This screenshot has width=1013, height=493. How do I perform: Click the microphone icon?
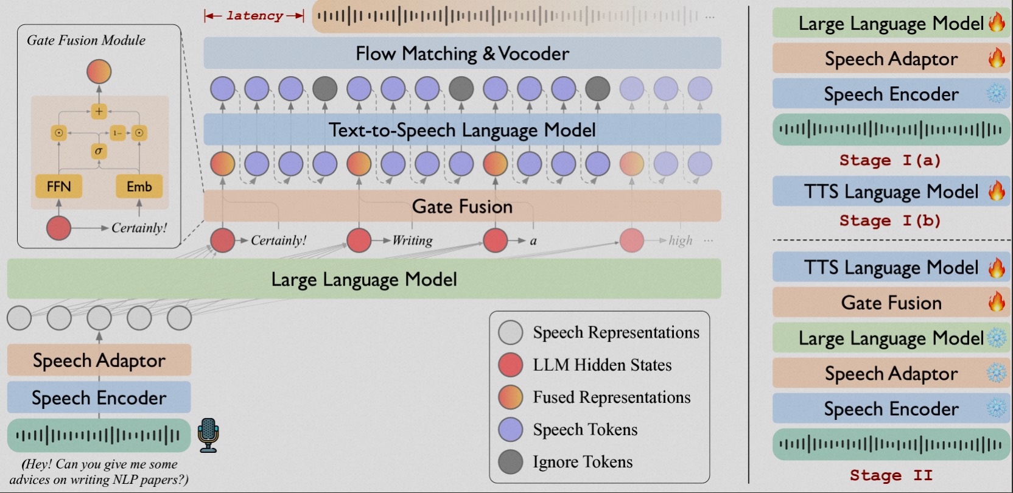click(208, 435)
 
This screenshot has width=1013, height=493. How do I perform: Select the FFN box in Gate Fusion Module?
click(59, 186)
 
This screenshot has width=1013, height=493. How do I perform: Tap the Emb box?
click(139, 186)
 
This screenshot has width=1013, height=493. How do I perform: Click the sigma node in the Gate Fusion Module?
click(99, 150)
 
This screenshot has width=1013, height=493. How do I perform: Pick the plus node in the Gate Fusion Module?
click(99, 111)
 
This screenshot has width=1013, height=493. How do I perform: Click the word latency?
click(254, 16)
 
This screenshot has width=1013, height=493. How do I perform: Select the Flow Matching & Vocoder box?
click(462, 54)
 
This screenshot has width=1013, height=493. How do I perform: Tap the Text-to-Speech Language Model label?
click(462, 130)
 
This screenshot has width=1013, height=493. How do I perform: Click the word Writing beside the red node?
click(412, 240)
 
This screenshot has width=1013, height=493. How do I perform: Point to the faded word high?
click(680, 240)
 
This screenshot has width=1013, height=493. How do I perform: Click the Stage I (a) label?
click(890, 160)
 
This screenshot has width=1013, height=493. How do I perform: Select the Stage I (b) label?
click(890, 220)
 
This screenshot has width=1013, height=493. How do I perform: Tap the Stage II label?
click(890, 475)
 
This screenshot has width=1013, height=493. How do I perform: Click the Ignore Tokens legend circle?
click(510, 462)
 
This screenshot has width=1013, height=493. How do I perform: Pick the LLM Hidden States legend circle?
click(510, 365)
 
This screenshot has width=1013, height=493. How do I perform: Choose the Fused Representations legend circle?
click(510, 397)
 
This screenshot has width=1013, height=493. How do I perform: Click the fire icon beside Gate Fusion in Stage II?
click(997, 302)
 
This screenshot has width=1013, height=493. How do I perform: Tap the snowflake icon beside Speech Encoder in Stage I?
click(997, 94)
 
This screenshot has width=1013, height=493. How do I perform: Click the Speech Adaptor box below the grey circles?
click(99, 360)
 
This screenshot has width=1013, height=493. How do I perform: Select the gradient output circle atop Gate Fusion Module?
click(99, 72)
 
